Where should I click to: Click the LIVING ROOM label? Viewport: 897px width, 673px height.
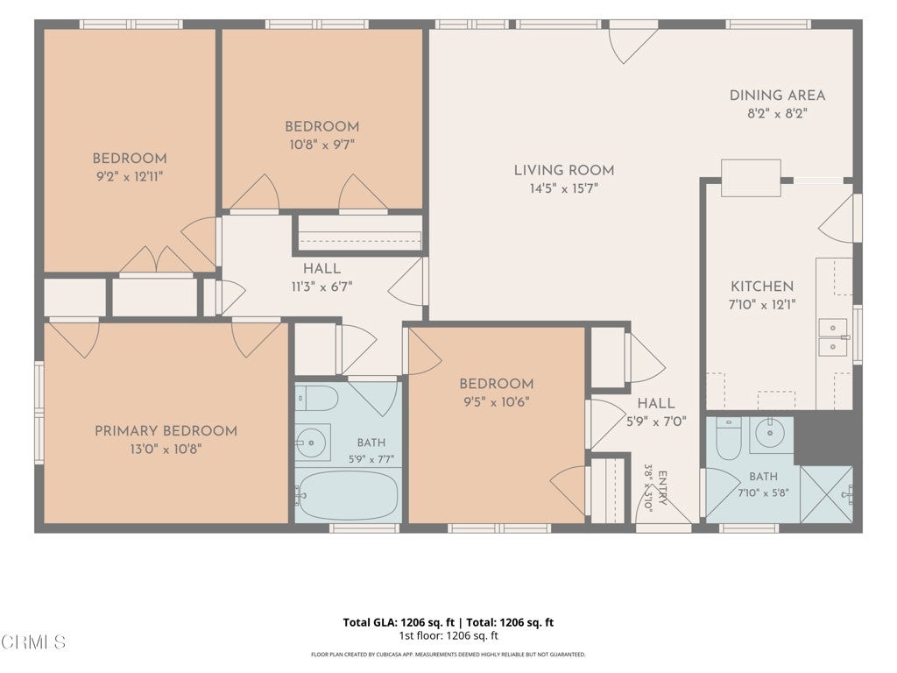[563, 170]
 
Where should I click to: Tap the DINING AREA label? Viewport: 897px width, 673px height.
[777, 96]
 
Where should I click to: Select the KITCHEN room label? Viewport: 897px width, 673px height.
[762, 287]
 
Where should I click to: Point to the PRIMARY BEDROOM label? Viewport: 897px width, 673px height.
[166, 431]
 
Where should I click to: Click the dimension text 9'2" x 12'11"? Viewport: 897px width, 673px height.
[130, 176]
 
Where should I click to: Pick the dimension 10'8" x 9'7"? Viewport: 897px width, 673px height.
[322, 145]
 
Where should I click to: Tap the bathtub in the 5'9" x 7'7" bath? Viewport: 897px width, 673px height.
[347, 496]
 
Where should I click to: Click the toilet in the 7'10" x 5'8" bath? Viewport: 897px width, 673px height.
[729, 438]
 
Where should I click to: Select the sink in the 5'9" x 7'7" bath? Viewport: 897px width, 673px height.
[313, 442]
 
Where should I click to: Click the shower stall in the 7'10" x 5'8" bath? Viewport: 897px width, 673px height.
[826, 494]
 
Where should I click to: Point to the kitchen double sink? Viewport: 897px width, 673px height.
[833, 337]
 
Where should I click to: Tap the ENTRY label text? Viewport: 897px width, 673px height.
[662, 487]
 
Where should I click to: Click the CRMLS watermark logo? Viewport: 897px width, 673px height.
[33, 642]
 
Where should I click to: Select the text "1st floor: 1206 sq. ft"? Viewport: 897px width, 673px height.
[448, 635]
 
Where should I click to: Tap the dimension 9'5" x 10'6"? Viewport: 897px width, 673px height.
[497, 401]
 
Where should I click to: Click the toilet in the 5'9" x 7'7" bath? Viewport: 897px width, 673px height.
[317, 398]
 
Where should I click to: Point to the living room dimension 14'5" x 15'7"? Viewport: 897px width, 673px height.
[564, 188]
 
